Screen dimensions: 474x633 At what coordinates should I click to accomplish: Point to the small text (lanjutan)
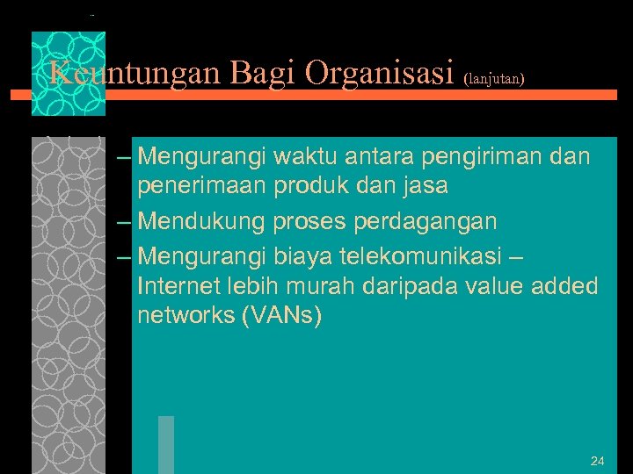493,78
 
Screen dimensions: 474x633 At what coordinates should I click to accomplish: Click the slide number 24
598,461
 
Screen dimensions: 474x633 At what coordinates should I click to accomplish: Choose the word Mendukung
201,222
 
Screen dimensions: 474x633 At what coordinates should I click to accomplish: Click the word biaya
302,256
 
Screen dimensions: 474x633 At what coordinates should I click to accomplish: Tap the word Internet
178,286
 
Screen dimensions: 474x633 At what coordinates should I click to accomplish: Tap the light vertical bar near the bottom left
166,445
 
